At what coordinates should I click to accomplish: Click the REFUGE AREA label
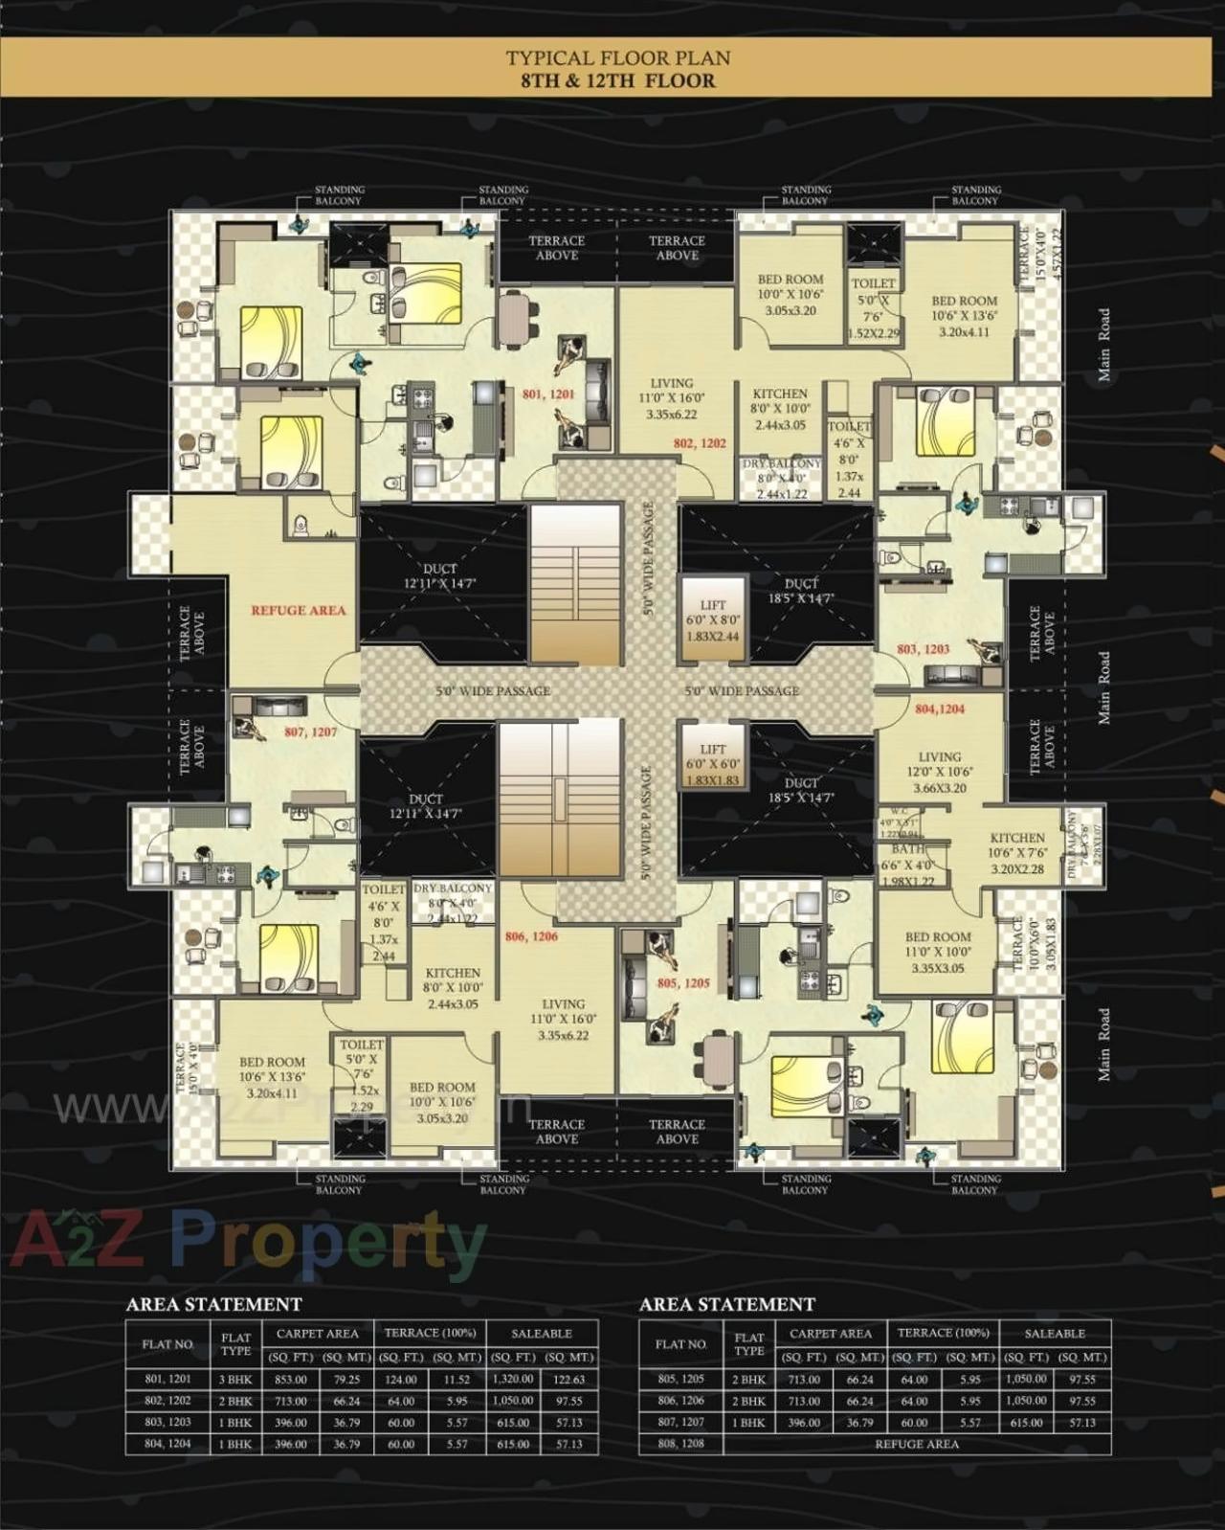pyautogui.click(x=298, y=610)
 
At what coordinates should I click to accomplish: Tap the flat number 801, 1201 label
pyautogui.click(x=548, y=394)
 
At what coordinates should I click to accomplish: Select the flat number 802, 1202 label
pyautogui.click(x=700, y=443)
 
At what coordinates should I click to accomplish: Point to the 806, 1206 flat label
pyautogui.click(x=531, y=936)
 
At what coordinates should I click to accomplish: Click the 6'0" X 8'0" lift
pyautogui.click(x=713, y=619)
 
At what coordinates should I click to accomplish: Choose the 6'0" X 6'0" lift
pyautogui.click(x=713, y=764)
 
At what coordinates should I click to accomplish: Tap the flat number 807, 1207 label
pyautogui.click(x=310, y=732)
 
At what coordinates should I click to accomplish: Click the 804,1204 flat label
pyautogui.click(x=940, y=709)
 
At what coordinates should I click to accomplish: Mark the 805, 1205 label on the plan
pyautogui.click(x=683, y=983)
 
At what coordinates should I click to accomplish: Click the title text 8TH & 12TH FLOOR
pyautogui.click(x=617, y=80)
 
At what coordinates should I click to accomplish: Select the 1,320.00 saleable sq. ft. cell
pyautogui.click(x=513, y=1380)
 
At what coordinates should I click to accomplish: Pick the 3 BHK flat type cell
pyautogui.click(x=235, y=1380)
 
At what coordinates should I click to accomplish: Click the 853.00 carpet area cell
pyautogui.click(x=291, y=1380)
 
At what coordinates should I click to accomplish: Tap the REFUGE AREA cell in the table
pyautogui.click(x=917, y=1444)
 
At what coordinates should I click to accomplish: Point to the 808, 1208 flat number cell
pyautogui.click(x=680, y=1444)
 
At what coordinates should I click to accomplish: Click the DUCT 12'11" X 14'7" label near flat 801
pyautogui.click(x=440, y=576)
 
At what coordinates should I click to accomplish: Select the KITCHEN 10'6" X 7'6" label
pyautogui.click(x=1017, y=853)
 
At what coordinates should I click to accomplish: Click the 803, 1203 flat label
pyautogui.click(x=923, y=649)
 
